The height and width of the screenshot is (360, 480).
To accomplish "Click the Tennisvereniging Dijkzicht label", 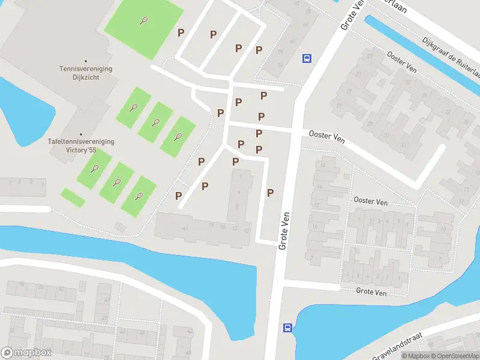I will (x=85, y=73).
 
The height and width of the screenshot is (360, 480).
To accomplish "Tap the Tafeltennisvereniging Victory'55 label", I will (x=81, y=145).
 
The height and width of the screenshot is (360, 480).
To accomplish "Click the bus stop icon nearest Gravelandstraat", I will (x=288, y=328).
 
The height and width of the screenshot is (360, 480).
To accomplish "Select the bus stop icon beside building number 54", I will (x=307, y=58).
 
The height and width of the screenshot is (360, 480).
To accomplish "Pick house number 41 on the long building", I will (x=186, y=228).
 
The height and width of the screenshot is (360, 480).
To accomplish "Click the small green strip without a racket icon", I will (x=73, y=198).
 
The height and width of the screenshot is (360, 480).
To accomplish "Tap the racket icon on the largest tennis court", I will (x=144, y=20).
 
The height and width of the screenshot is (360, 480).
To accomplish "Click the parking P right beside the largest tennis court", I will (x=181, y=32).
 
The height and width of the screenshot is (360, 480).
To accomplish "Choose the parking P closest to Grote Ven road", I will (x=271, y=193).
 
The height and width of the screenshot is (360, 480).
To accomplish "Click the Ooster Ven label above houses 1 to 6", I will (x=370, y=201).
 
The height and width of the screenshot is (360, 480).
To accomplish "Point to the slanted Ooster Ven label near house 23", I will (x=401, y=62).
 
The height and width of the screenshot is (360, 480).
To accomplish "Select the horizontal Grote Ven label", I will (x=371, y=292).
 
